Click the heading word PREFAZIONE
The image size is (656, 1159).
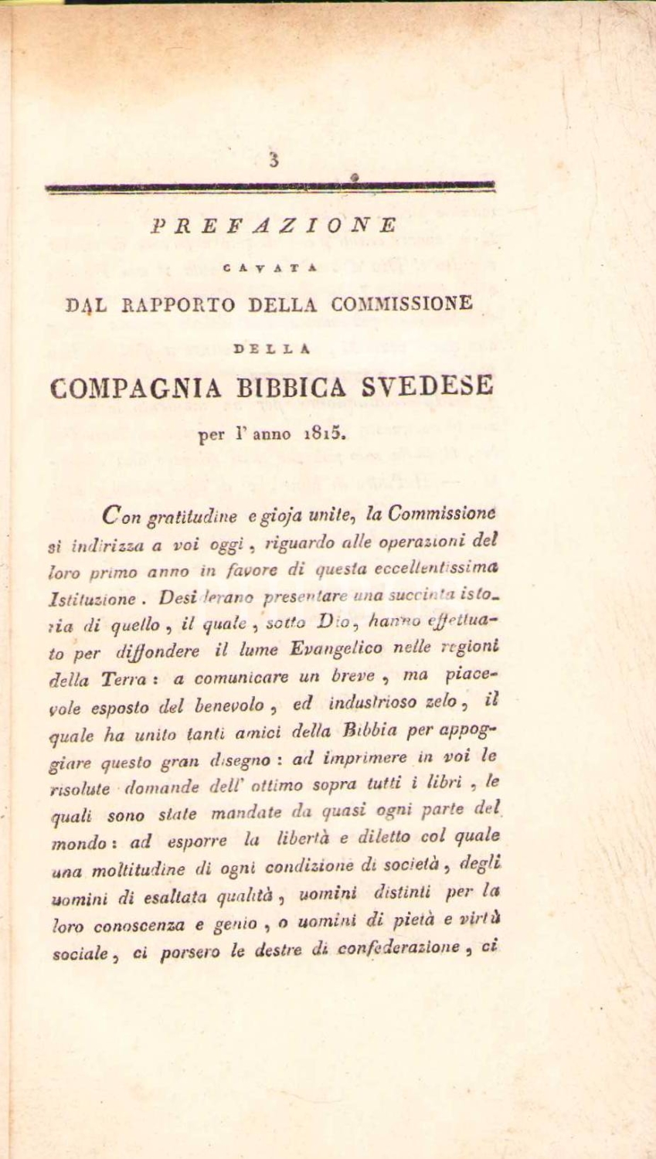pyautogui.click(x=274, y=225)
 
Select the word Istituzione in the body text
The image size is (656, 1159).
pyautogui.click(x=84, y=598)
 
